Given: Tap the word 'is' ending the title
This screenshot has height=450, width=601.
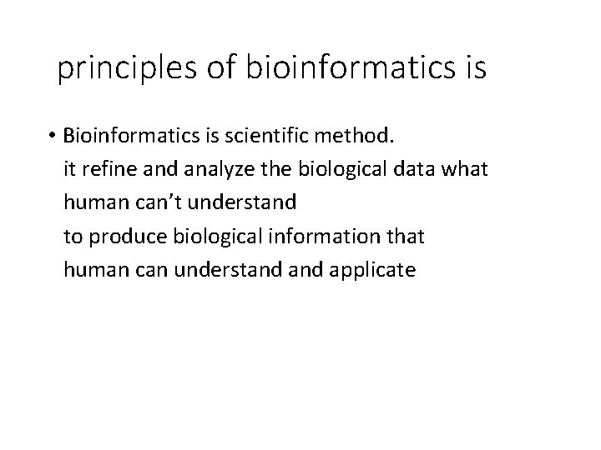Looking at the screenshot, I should tap(472, 69).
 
